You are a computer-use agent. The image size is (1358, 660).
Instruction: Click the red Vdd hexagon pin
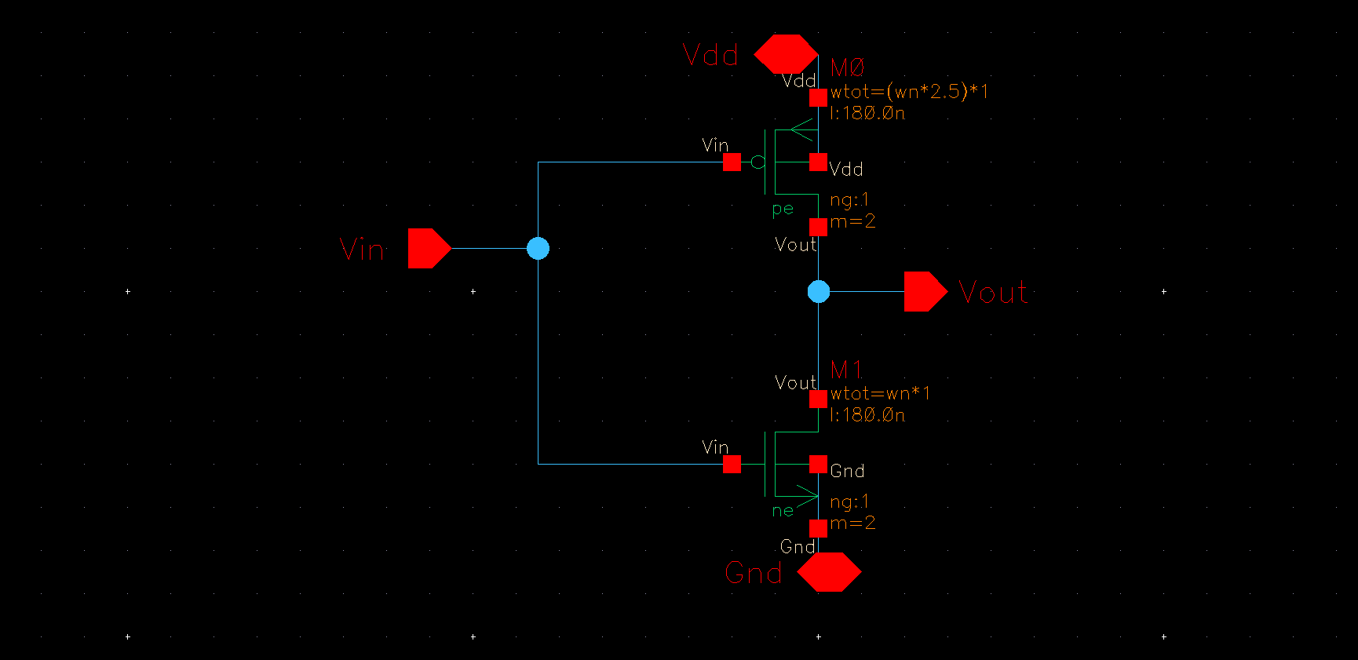786,54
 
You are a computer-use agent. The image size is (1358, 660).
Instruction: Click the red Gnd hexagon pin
829,572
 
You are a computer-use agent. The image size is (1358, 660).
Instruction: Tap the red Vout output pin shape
924,292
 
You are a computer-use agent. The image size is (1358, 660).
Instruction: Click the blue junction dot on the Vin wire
538,249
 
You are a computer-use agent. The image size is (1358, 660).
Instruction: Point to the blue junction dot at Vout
818,292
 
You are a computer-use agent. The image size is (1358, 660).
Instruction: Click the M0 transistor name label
847,67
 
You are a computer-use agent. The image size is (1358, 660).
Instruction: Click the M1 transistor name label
846,369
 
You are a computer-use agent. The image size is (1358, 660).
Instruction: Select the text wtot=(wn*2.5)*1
909,92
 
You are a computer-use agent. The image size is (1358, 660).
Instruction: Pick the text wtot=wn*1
880,393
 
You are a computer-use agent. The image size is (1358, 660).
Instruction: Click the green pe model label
783,209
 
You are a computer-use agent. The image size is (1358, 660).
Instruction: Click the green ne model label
783,511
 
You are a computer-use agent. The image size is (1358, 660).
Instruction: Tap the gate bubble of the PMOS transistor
757,162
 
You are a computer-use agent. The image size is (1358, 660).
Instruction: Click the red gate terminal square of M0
732,162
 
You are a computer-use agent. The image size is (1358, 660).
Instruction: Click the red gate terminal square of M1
732,465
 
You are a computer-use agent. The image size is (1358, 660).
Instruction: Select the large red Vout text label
993,293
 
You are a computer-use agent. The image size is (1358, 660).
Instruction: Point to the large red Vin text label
362,250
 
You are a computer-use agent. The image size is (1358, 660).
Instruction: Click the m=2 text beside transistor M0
852,221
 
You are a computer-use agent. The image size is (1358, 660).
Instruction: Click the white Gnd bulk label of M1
847,471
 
